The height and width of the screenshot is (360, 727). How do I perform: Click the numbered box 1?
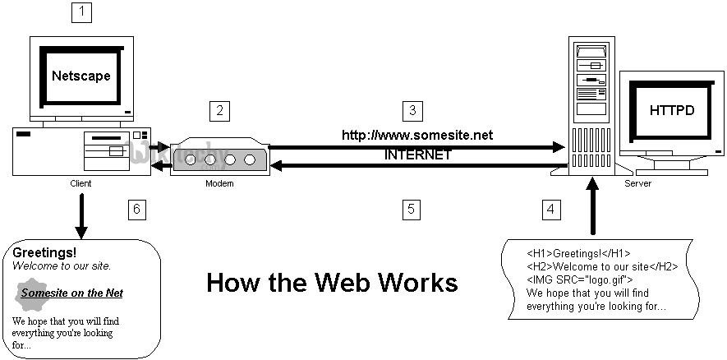coord(82,12)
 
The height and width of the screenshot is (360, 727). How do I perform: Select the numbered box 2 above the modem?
coord(219,110)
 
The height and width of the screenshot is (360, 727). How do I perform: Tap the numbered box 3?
coord(412,110)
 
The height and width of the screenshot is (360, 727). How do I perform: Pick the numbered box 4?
coord(551,209)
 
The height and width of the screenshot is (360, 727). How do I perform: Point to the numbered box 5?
coord(412,209)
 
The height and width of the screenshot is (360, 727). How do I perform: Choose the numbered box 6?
coord(137,209)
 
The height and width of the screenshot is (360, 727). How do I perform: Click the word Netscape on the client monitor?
coord(81,76)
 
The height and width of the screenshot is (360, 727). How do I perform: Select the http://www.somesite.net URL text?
coord(417,135)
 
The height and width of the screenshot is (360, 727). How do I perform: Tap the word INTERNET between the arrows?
coord(417,155)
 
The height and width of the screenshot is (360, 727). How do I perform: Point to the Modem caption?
coord(219,183)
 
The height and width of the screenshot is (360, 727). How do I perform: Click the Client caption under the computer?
coord(81,183)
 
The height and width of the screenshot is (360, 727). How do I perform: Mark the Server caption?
coord(637,183)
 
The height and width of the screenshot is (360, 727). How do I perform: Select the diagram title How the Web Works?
coord(332,283)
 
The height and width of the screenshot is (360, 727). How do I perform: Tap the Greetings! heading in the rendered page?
coord(44,252)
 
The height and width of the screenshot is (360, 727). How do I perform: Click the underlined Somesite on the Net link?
coord(72,293)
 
